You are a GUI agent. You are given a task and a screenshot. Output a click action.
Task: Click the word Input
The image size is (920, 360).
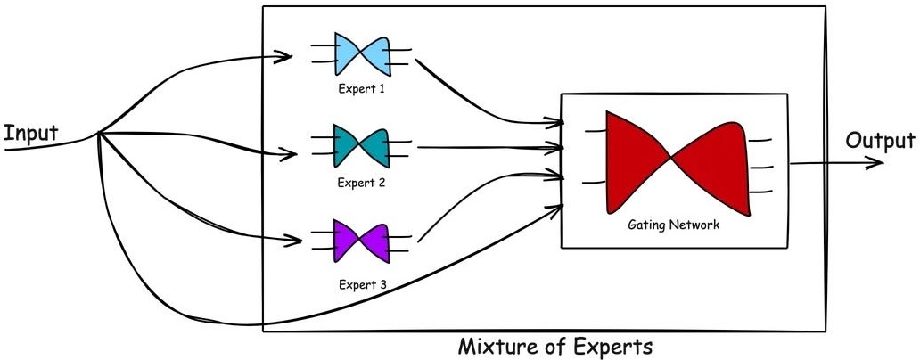[30, 134]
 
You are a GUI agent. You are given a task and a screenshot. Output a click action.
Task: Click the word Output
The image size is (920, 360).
[880, 141]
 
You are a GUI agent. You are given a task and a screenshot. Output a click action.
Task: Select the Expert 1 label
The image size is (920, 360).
[361, 89]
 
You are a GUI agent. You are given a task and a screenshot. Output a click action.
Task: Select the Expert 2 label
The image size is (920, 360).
[361, 183]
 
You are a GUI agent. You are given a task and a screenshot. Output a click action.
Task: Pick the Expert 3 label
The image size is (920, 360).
[361, 284]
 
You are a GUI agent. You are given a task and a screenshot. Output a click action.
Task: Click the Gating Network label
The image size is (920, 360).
[673, 225]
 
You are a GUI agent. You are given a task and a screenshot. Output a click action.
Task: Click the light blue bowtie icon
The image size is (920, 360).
[361, 54]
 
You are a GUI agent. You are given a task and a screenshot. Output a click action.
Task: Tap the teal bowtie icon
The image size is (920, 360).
[361, 145]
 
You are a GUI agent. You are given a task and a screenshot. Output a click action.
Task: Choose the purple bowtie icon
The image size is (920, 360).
[361, 241]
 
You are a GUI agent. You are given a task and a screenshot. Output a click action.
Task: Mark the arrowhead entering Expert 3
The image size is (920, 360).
[292, 241]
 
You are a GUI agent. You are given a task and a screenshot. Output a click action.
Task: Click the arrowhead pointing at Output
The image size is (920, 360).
[877, 163]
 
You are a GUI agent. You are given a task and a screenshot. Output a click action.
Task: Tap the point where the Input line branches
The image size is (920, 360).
[98, 134]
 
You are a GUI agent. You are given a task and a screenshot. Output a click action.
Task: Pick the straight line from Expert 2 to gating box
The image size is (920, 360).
[481, 146]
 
